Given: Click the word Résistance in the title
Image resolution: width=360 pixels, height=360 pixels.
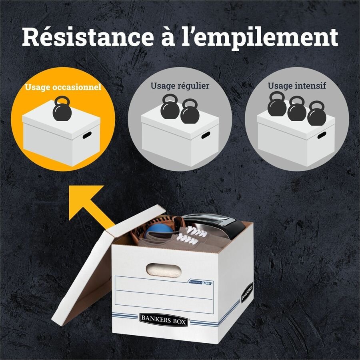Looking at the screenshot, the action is pyautogui.click(x=88, y=37).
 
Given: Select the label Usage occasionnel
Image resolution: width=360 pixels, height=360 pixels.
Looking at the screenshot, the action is pyautogui.click(x=63, y=87).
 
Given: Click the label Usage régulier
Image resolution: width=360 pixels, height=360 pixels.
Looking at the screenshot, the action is pyautogui.click(x=180, y=86).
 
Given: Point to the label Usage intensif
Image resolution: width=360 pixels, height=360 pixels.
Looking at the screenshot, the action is pyautogui.click(x=297, y=86).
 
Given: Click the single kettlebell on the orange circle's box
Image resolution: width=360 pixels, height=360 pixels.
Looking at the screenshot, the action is pyautogui.click(x=62, y=108).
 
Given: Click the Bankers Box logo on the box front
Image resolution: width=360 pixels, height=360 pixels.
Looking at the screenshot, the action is pyautogui.click(x=164, y=319).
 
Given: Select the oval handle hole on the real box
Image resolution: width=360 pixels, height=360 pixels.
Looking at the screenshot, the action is pyautogui.click(x=164, y=270).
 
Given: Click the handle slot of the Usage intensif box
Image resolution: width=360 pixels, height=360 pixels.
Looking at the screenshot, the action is pyautogui.click(x=322, y=135).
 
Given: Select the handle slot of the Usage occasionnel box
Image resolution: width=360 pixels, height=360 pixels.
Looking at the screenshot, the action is pyautogui.click(x=87, y=135).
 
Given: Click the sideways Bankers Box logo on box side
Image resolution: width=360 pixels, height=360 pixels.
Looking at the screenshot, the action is pyautogui.click(x=247, y=292).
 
